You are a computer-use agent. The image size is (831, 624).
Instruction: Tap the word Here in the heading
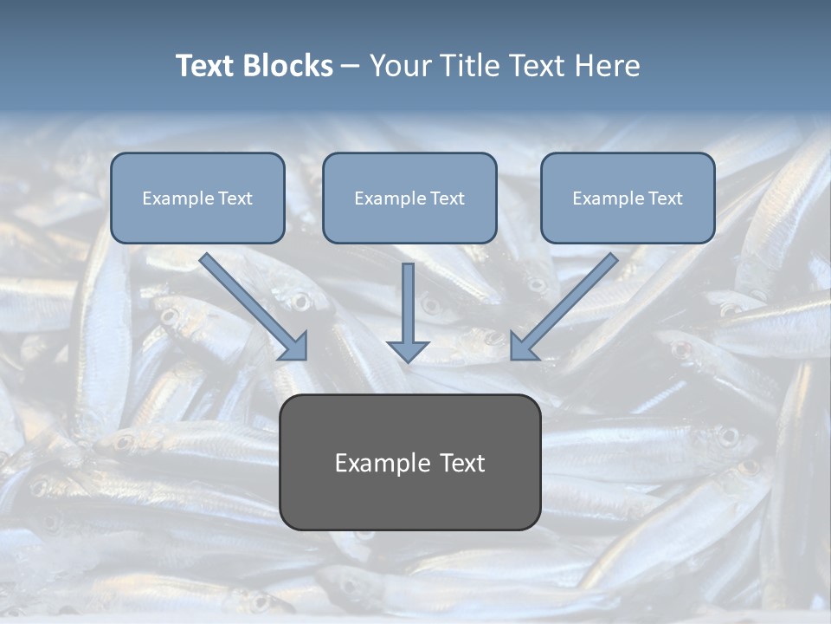607,66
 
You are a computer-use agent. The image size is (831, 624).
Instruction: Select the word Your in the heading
400,66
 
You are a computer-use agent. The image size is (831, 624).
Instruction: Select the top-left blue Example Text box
197,198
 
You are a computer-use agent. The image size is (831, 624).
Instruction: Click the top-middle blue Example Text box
409,198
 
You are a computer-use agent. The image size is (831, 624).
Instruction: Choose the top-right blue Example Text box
628,198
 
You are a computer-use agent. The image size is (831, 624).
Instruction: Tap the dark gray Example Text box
409,462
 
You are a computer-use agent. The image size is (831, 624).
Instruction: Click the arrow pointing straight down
408,308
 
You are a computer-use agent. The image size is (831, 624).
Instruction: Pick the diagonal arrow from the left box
251,303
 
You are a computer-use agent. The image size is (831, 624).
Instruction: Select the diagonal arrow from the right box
567,303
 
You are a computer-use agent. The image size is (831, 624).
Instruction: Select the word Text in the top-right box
666,198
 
